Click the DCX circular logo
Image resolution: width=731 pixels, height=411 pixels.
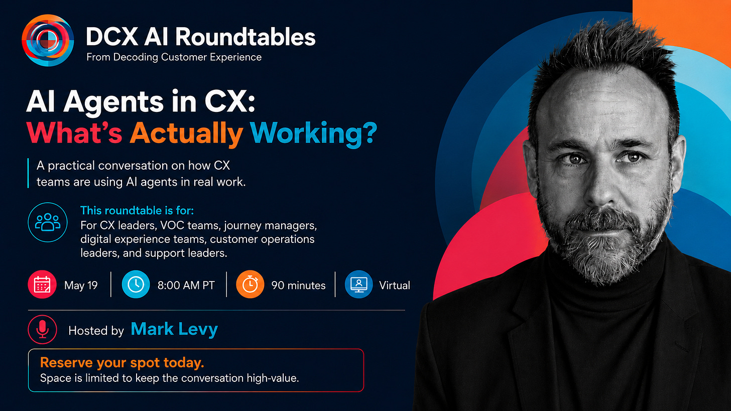coord(48,40)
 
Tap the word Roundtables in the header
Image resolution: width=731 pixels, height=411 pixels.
coord(246,36)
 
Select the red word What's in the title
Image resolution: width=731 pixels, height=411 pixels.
coord(74,132)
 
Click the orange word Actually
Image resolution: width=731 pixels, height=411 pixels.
coord(186,133)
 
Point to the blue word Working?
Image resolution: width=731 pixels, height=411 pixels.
coord(313,133)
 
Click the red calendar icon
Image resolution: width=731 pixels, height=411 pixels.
coord(42,285)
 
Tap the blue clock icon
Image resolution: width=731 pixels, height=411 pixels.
coord(136,285)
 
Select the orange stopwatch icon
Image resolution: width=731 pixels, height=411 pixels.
coord(250,285)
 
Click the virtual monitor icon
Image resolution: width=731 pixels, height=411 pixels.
coord(358,285)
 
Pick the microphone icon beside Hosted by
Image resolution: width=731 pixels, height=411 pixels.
coord(42,329)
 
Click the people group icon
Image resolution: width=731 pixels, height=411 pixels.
coord(48,222)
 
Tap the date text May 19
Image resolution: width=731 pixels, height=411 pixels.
coord(81,286)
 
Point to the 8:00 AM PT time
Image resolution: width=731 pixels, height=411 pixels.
coord(186,286)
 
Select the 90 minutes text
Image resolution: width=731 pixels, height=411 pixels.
coord(298,286)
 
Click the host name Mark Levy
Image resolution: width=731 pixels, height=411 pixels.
coord(174,329)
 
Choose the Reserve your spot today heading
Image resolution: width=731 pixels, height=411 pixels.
coord(122,363)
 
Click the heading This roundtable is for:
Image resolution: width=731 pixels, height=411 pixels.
coord(137,210)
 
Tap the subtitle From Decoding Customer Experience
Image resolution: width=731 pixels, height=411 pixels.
coord(174,57)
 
